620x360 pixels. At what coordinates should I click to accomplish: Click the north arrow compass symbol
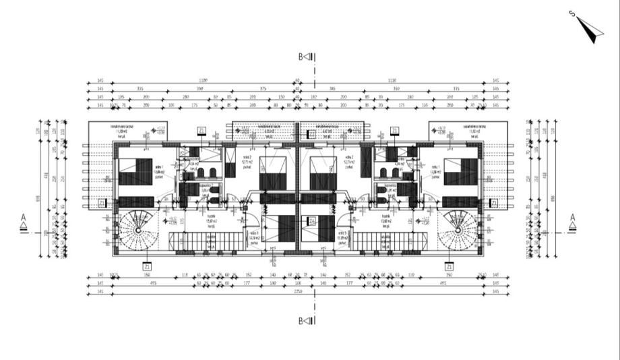[x=588, y=28]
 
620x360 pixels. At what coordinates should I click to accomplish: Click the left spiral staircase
[x=136, y=229]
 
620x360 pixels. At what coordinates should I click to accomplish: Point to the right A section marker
[x=572, y=221]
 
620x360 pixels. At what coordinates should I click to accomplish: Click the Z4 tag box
[x=312, y=220]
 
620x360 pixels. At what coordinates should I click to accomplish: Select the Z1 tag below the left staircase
[x=147, y=266]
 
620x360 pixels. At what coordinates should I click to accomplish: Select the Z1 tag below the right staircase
[x=449, y=266]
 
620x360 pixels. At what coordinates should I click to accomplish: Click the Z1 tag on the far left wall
[x=101, y=202]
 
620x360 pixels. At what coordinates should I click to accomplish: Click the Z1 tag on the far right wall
[x=494, y=202]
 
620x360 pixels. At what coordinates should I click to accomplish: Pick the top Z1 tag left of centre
[x=201, y=130]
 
